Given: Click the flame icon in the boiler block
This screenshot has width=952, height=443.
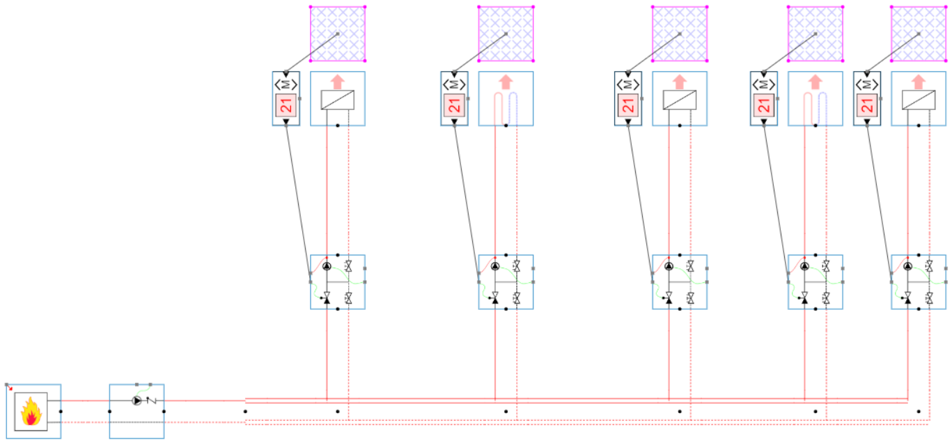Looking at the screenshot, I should [31, 411].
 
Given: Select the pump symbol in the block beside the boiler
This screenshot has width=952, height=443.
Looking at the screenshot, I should [136, 401].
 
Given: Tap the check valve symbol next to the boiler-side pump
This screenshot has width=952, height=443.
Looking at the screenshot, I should [149, 401].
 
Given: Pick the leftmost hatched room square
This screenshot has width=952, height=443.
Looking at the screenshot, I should [338, 34].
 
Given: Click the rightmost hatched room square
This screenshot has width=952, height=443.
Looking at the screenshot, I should [919, 34].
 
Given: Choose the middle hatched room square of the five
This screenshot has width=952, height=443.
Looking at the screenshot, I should [680, 34].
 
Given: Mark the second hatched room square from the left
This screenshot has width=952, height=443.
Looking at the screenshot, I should [506, 34].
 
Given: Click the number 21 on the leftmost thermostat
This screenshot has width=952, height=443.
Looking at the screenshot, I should [286, 106].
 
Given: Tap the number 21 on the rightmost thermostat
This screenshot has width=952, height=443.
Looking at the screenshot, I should [867, 106].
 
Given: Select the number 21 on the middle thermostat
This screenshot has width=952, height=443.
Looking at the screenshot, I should [628, 106].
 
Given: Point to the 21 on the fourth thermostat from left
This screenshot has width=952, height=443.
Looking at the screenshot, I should [764, 106].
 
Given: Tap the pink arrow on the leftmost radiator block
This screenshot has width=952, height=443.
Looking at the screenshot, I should [338, 81].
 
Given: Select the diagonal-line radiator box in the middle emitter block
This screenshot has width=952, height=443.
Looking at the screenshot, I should [680, 100].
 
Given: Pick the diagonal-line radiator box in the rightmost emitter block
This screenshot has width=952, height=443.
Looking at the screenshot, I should [919, 100].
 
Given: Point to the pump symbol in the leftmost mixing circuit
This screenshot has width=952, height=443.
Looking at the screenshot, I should [327, 266].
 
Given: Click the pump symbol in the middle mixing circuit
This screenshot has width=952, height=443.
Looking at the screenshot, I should [669, 266].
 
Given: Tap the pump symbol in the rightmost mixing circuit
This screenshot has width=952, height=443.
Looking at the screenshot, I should [907, 266].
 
